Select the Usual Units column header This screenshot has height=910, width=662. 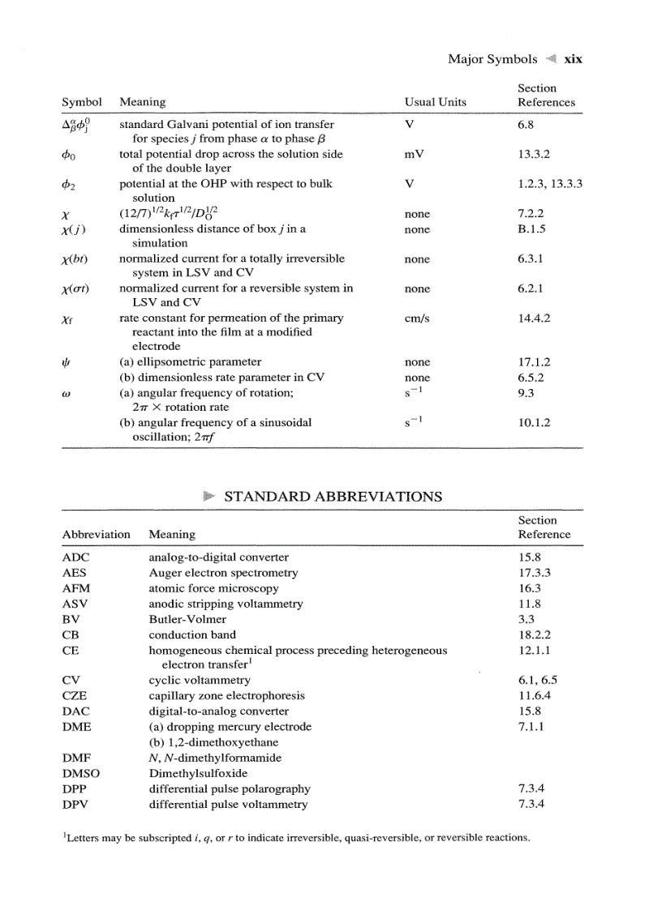point(435,102)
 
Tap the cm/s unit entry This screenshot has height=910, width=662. point(417,318)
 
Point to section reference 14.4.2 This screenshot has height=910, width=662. point(534,318)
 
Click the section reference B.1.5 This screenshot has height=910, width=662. point(531,229)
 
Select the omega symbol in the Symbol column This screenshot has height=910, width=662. point(66,393)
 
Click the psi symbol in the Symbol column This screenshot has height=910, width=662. point(66,362)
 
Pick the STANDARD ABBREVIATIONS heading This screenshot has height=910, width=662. point(333,497)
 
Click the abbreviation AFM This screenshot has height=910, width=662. point(75,588)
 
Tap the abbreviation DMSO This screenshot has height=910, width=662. point(80,773)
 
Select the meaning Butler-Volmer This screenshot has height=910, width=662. point(187,619)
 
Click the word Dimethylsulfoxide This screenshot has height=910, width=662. point(198,773)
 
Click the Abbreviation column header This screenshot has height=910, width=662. point(96,534)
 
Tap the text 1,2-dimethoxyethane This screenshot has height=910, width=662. point(207,742)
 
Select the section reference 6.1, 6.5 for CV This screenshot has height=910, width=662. point(537,681)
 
